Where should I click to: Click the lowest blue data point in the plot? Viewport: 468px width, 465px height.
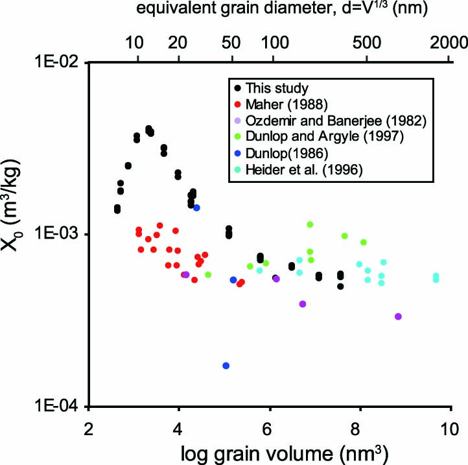(226, 366)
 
